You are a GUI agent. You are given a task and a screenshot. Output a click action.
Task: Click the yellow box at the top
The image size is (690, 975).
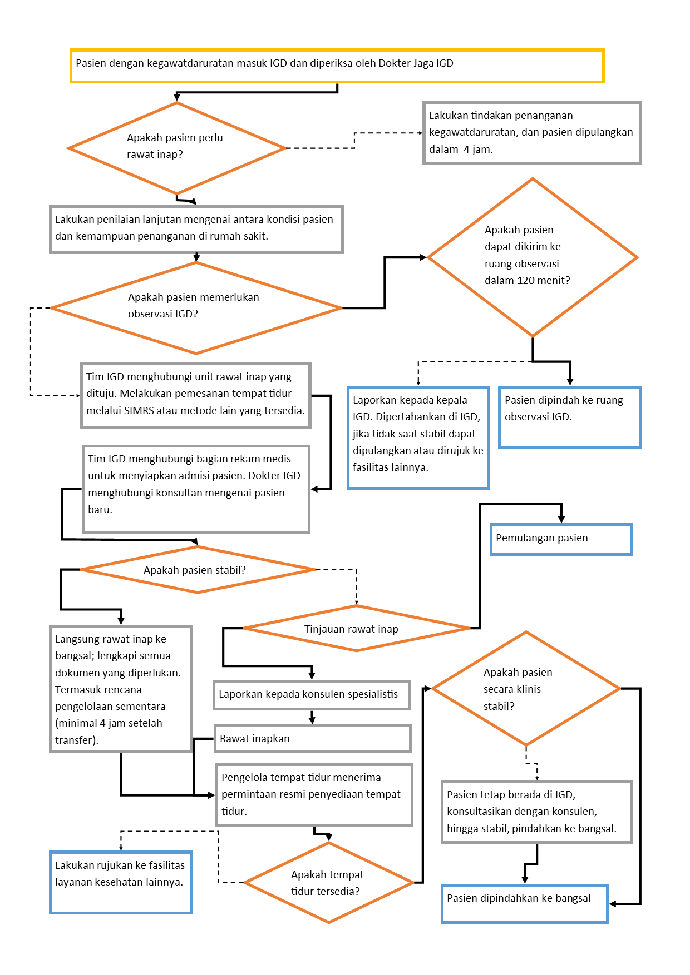[337, 66]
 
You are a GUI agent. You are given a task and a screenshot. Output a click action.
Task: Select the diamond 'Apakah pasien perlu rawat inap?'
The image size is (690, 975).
[176, 148]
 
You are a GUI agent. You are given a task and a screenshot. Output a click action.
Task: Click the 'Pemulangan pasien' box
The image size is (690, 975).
[561, 539]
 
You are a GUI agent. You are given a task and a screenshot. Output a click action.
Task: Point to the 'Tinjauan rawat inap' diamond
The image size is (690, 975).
[356, 628]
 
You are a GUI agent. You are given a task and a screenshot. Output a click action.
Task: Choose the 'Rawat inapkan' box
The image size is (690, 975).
[312, 738]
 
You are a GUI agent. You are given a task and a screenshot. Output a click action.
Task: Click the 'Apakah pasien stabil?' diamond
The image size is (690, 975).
[198, 570]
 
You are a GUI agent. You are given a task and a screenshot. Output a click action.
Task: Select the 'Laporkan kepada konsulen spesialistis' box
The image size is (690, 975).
[312, 694]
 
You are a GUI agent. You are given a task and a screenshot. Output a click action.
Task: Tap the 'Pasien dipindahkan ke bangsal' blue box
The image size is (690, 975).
[524, 903]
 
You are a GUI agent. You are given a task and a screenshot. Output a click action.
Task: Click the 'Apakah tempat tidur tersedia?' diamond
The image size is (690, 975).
[328, 882]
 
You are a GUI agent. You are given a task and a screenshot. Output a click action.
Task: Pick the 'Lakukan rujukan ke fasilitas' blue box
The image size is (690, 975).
[121, 882]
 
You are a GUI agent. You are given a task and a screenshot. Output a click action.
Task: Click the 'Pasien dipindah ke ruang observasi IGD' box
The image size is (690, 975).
[570, 417]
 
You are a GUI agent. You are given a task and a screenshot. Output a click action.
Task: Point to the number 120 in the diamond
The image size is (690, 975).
[526, 281]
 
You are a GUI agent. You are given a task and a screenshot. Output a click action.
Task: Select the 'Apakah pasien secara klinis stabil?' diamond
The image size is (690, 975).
[526, 689]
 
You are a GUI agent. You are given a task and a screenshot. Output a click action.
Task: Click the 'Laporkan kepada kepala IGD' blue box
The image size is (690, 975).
[418, 437]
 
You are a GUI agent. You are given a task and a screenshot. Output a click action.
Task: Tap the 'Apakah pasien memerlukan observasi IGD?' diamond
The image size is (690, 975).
[196, 307]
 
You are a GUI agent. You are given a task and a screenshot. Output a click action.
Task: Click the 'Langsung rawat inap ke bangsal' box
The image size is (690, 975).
[121, 689]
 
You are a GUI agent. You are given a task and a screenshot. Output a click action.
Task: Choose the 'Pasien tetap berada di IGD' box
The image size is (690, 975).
[536, 812]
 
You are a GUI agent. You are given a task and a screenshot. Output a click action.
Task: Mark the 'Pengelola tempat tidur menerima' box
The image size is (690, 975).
[314, 794]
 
